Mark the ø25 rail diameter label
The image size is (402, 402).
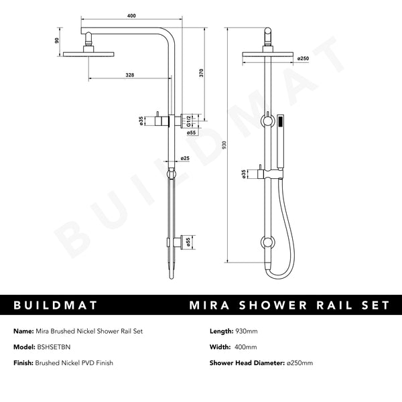pyautogui.click(x=184, y=158)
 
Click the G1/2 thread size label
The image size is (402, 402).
pyautogui.click(x=190, y=121)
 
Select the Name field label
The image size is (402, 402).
pyautogui.click(x=24, y=331)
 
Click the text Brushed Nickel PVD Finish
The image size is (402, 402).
pyautogui.click(x=75, y=363)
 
